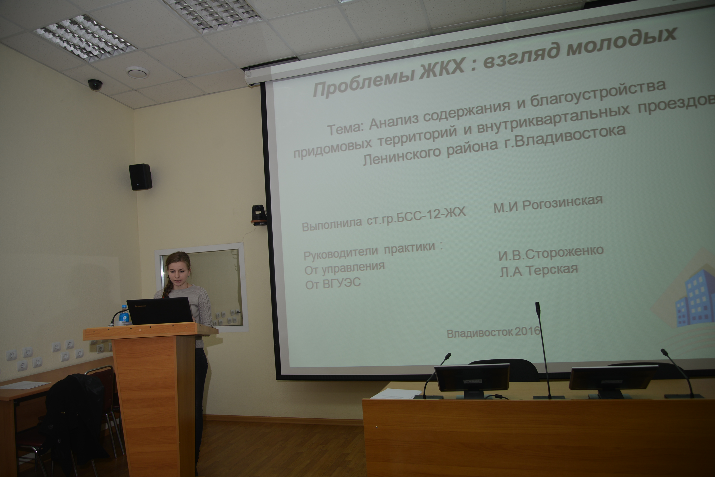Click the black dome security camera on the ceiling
click(95, 85)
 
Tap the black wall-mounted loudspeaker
click(140, 177)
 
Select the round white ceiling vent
click(138, 72)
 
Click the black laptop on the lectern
click(159, 311)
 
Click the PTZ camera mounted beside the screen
click(259, 215)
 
